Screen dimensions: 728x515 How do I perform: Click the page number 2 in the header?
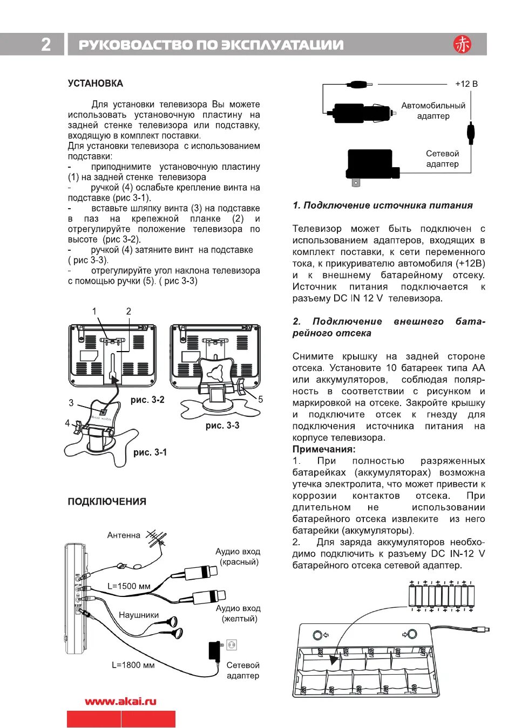click(46, 44)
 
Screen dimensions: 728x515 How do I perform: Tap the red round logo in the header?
click(462, 44)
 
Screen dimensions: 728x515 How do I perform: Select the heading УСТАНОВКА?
click(96, 84)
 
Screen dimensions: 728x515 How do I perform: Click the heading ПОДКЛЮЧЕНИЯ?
click(107, 502)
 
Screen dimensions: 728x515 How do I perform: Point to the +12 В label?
click(466, 84)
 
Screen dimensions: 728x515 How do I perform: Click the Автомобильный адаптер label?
click(433, 111)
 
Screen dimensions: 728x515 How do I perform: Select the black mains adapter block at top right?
click(371, 164)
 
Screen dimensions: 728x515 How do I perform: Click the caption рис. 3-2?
click(147, 400)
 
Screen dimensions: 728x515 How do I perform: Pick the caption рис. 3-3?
click(222, 425)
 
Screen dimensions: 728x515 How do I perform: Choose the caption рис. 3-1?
click(150, 452)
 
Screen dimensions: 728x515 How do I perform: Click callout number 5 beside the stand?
click(260, 400)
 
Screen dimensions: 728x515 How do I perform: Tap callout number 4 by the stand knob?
click(67, 423)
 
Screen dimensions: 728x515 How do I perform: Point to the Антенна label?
click(124, 535)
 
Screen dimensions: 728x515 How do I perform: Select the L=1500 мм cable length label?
click(129, 586)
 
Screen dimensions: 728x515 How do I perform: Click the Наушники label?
click(139, 615)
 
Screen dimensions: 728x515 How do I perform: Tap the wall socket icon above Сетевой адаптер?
click(232, 644)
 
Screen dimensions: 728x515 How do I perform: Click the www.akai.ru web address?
click(120, 702)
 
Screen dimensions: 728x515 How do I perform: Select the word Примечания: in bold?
click(324, 449)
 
